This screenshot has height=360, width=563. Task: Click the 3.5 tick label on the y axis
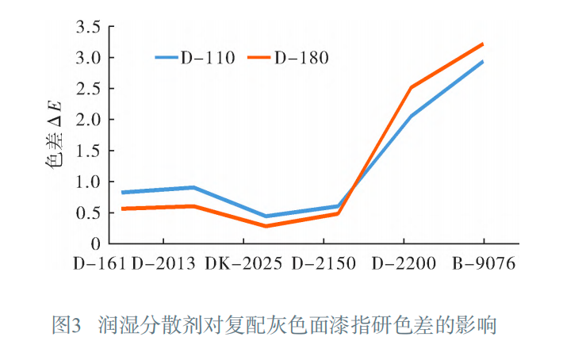(88, 28)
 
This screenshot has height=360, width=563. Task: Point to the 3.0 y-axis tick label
(88, 58)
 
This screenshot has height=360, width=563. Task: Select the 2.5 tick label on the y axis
(88, 89)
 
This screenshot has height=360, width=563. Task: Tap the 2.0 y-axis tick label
(88, 120)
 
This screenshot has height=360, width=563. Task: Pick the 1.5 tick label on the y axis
(88, 151)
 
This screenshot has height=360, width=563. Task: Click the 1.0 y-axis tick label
(88, 182)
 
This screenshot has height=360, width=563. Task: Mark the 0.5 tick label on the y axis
(88, 213)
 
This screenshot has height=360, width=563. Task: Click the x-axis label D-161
(99, 264)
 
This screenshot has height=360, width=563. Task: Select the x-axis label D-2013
(163, 264)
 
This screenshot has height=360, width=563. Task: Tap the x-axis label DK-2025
(243, 264)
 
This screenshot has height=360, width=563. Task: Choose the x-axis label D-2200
(404, 264)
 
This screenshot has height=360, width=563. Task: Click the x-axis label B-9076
(484, 264)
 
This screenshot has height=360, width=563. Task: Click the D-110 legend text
(207, 57)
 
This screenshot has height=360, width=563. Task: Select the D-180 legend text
(301, 57)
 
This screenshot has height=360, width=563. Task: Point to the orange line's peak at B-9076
(482, 44)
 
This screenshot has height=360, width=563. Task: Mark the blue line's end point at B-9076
(482, 62)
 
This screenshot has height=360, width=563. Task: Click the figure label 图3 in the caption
(67, 325)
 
